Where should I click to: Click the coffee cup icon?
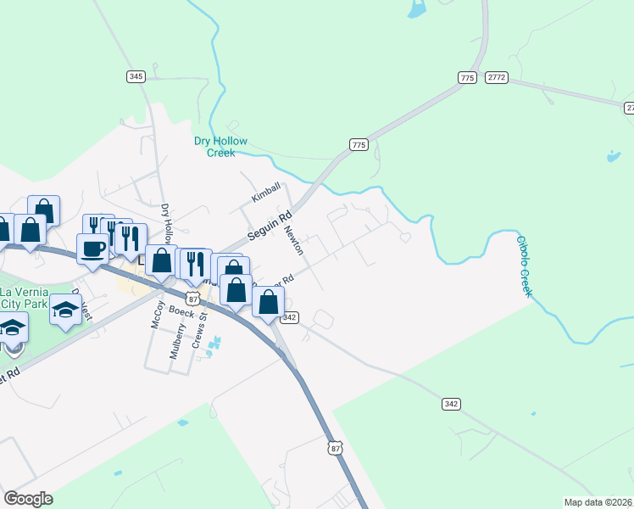[93, 249]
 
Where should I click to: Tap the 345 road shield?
[136, 76]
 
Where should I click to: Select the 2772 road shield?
[497, 77]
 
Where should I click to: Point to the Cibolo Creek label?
[526, 266]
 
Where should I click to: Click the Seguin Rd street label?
[269, 225]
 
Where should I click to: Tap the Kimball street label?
[265, 196]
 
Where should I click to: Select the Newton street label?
[293, 241]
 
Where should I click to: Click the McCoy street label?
[156, 317]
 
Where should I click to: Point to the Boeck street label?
[181, 311]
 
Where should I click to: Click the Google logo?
[28, 499]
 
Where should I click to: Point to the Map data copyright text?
[598, 502]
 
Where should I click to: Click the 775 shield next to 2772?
[467, 77]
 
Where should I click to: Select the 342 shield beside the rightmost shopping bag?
[290, 317]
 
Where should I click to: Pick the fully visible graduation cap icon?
[65, 308]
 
